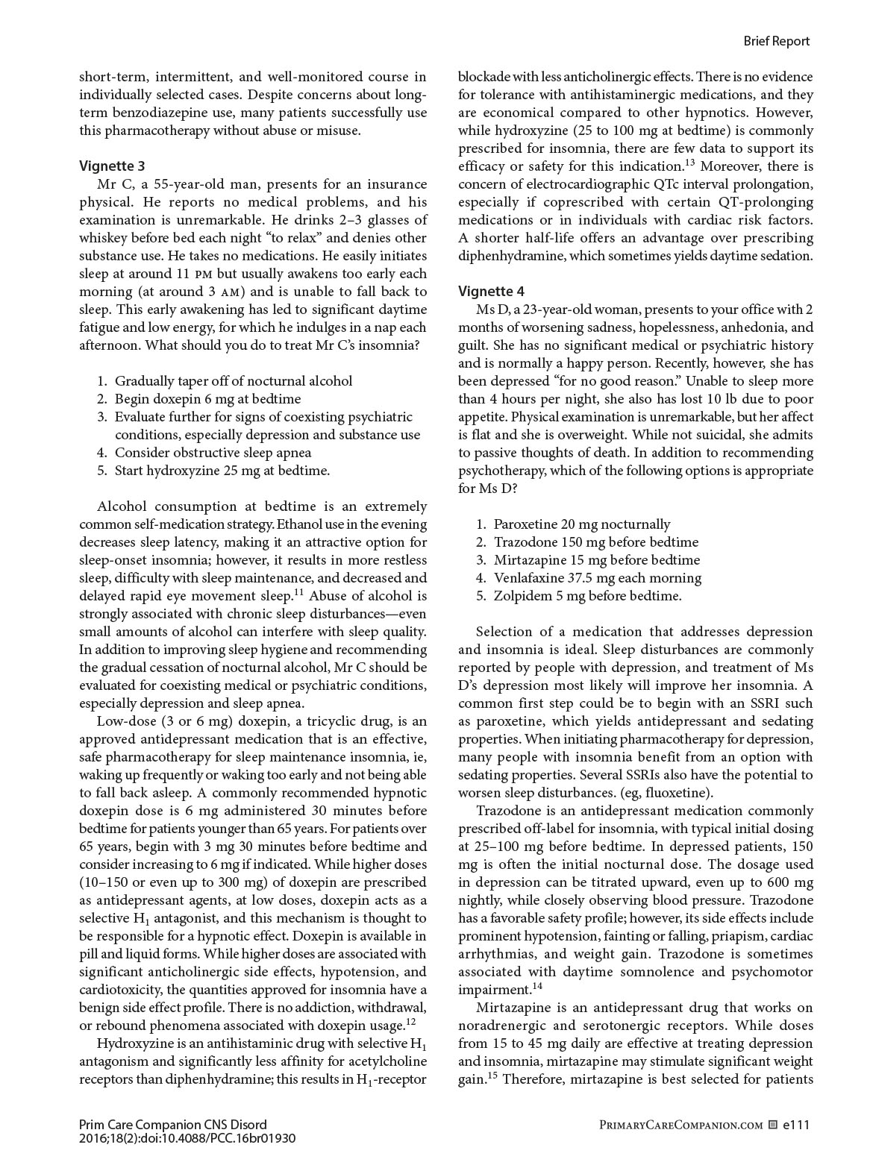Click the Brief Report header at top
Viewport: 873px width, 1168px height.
click(x=776, y=41)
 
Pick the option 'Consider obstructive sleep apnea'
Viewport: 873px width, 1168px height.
click(x=213, y=453)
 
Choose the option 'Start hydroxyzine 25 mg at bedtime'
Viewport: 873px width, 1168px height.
click(x=222, y=471)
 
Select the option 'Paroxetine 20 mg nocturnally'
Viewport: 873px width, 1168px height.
click(x=581, y=524)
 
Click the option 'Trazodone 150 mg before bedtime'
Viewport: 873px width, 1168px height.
click(x=595, y=542)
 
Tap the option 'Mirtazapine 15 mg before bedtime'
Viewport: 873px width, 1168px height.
click(x=596, y=560)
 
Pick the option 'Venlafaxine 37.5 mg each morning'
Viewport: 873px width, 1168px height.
click(x=597, y=578)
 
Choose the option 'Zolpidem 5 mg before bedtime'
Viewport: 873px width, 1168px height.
click(x=587, y=596)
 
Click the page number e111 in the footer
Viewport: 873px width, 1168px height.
click(x=796, y=1125)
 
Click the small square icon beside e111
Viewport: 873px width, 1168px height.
click(x=773, y=1125)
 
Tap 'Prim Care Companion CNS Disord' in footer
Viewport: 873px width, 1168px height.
click(x=172, y=1125)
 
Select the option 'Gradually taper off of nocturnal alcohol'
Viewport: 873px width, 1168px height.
click(x=233, y=381)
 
